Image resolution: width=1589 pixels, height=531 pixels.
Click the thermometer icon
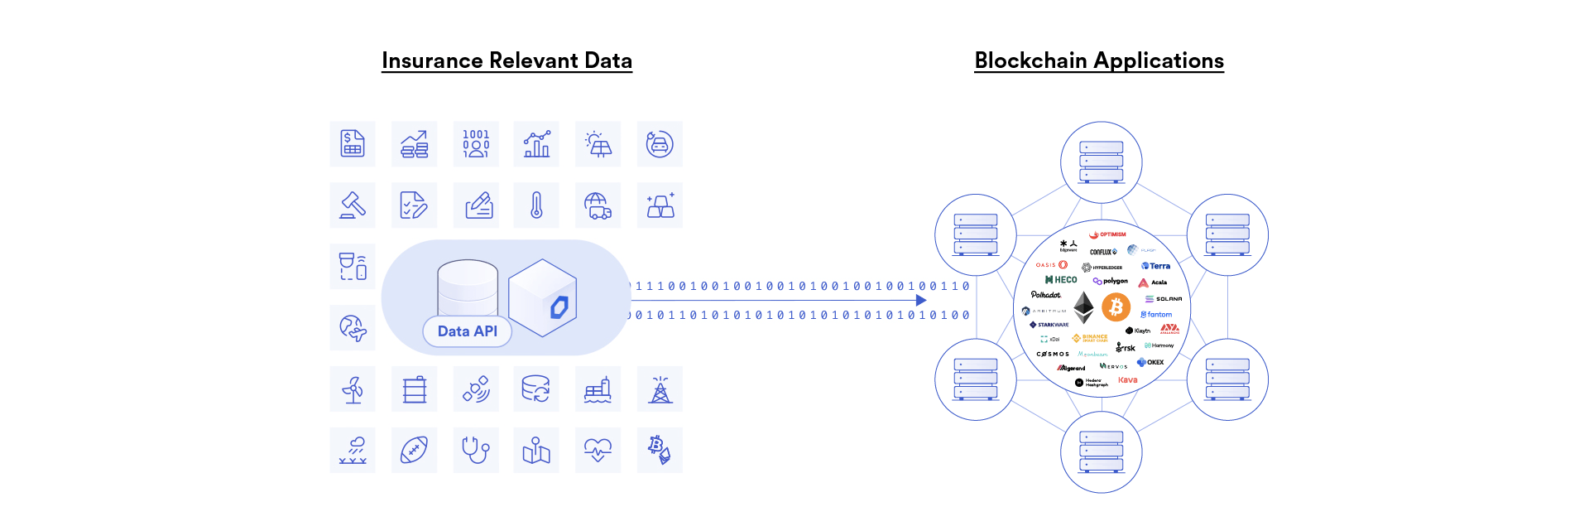click(536, 205)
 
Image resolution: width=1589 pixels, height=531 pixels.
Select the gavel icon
click(353, 205)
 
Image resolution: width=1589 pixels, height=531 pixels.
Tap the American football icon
click(414, 451)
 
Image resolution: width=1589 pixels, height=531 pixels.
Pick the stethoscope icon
click(475, 451)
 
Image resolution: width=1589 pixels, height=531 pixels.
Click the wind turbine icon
click(353, 389)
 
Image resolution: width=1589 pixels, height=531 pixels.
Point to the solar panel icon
click(598, 144)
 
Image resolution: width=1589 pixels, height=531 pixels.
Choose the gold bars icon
click(660, 205)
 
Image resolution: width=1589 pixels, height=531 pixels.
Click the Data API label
click(467, 331)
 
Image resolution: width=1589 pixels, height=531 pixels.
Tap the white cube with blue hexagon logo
click(543, 298)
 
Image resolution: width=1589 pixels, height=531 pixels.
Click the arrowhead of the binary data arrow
click(921, 301)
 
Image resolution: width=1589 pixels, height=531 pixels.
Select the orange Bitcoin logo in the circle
click(1116, 308)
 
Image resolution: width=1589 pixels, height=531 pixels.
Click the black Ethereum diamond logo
click(1083, 308)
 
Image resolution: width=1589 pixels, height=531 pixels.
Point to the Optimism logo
click(1107, 234)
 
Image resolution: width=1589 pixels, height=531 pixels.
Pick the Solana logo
click(1164, 299)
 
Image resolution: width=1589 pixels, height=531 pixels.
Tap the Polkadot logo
click(1046, 295)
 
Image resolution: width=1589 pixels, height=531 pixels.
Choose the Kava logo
click(1127, 380)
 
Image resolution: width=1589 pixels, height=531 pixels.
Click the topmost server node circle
click(1102, 162)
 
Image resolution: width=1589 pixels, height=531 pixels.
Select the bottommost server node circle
click(1102, 452)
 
